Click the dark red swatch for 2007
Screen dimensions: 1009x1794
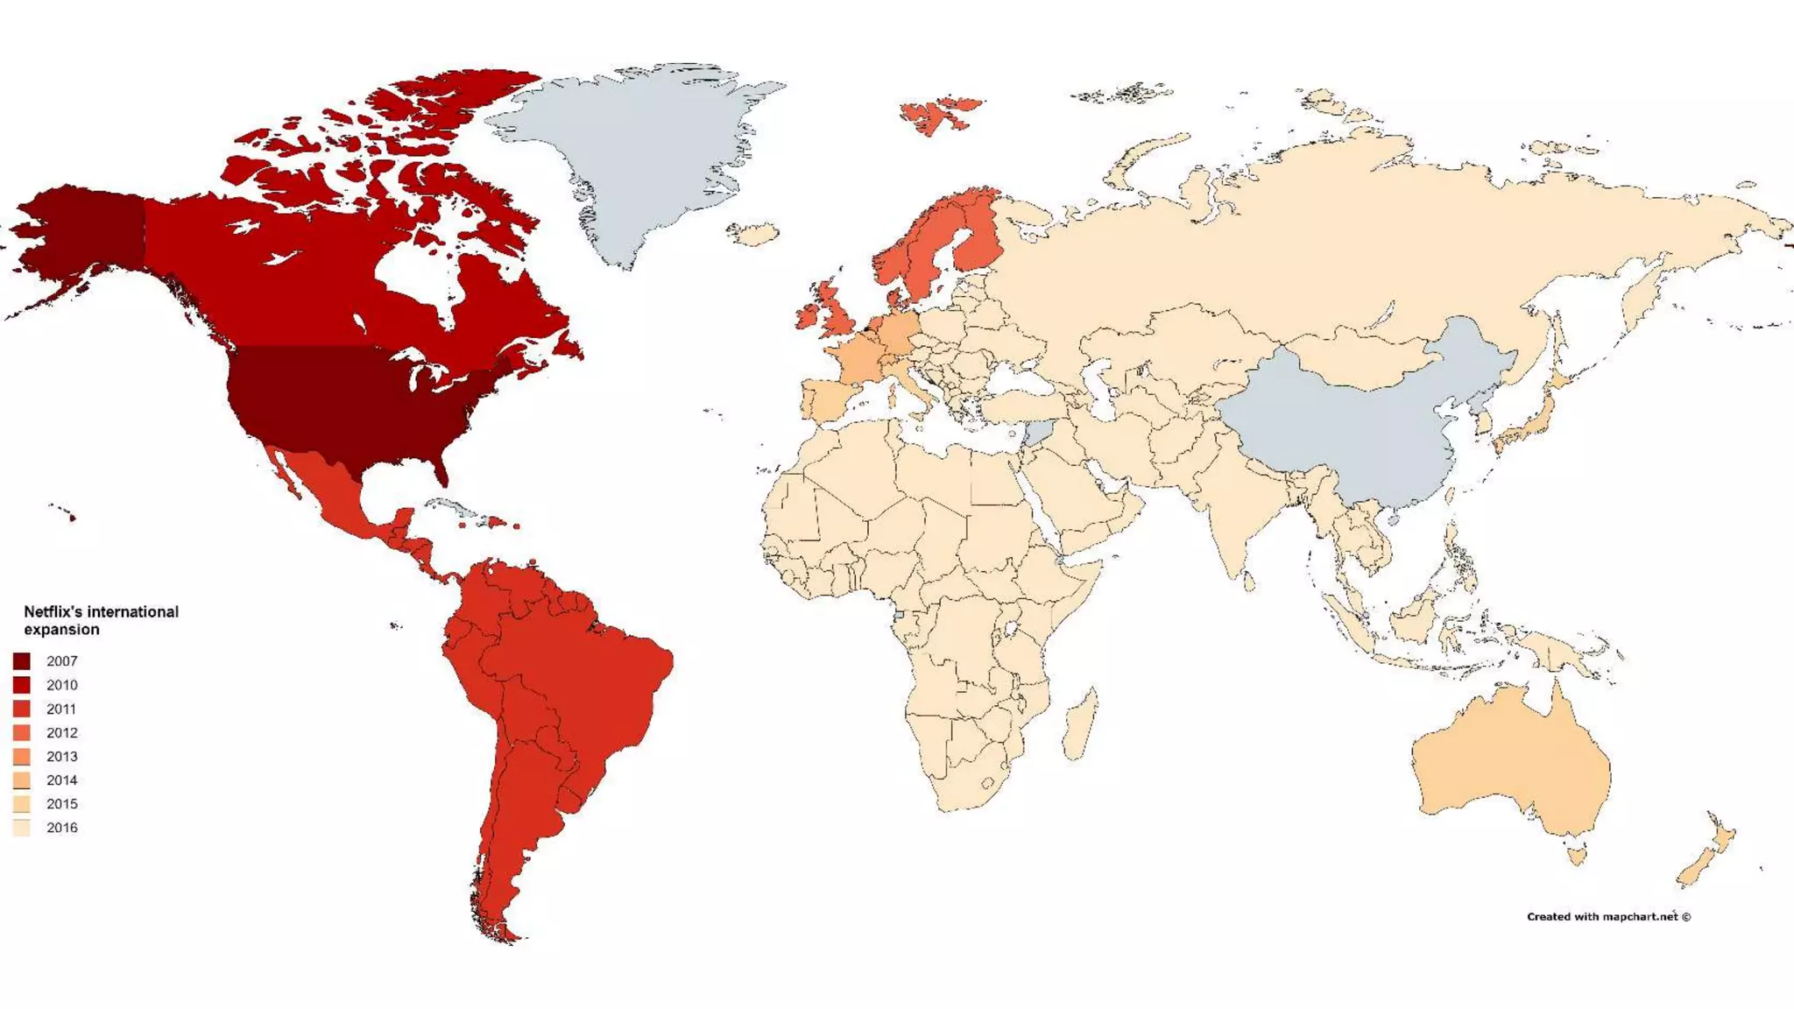click(x=22, y=661)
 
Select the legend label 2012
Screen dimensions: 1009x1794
click(x=61, y=733)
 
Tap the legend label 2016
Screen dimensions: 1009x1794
click(x=61, y=828)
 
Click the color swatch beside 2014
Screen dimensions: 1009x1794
click(x=22, y=780)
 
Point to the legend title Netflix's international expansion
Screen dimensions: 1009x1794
click(x=100, y=620)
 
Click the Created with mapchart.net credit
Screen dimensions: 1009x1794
click(x=1608, y=917)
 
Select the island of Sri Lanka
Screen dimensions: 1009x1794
click(x=1249, y=581)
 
